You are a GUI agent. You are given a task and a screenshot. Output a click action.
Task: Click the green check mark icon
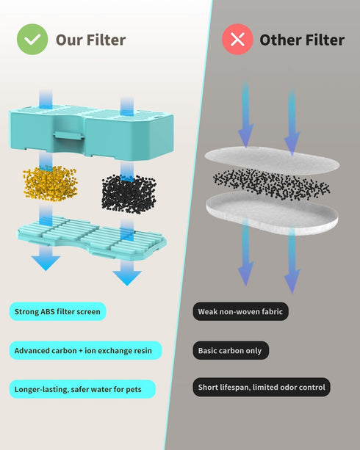[x=32, y=40]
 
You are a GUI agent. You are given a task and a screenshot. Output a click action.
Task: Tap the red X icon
[x=237, y=40]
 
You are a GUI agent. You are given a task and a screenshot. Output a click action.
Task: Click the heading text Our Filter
[x=90, y=40]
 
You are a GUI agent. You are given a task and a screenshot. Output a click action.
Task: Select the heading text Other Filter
[x=302, y=40]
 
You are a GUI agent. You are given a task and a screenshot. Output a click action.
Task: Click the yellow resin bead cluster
[x=50, y=183]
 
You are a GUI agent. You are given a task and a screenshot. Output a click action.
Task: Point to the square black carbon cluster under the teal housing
[x=129, y=194]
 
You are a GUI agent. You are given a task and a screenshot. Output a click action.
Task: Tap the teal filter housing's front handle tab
[x=69, y=136]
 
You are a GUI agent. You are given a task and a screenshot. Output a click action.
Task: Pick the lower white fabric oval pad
[x=272, y=213]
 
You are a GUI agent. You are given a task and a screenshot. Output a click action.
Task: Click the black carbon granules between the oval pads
[x=272, y=184]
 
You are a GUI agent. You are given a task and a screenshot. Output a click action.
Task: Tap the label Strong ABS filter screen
[x=57, y=311]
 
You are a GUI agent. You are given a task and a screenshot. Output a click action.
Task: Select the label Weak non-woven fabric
[x=240, y=311]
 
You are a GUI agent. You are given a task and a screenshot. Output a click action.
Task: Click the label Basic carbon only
[x=231, y=350]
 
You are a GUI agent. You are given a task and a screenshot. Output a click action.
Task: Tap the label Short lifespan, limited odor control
[x=262, y=387]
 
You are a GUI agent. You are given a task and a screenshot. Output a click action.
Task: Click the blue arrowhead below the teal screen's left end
[x=46, y=263]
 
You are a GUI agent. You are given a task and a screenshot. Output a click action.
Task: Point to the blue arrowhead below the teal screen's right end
[x=127, y=278]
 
